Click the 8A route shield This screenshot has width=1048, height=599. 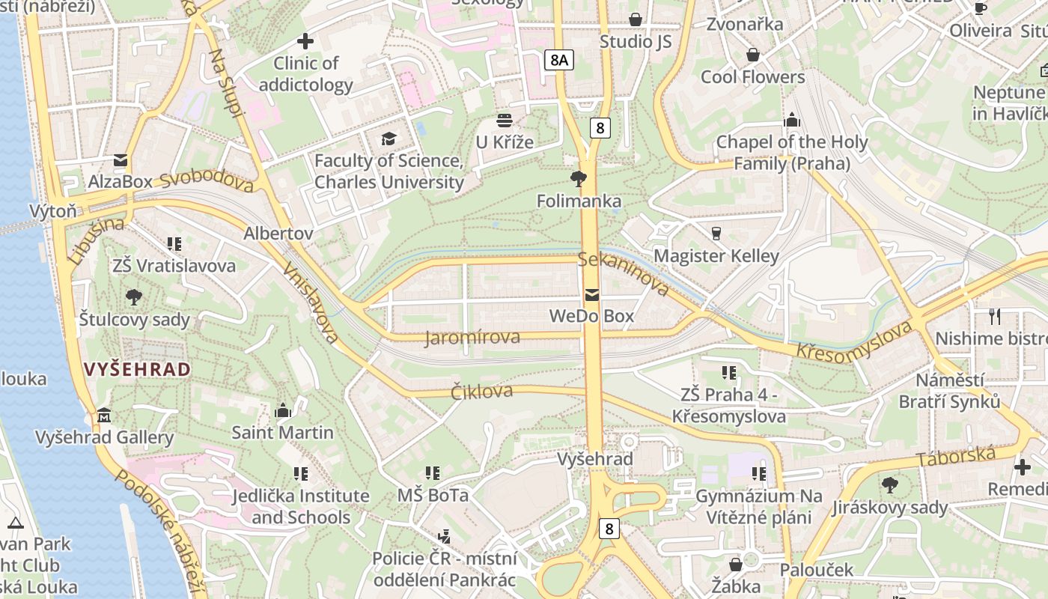coord(558,60)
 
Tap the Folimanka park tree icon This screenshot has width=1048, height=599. coord(578,178)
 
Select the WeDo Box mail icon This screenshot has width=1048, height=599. coord(592,294)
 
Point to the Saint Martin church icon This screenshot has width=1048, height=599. coord(283,410)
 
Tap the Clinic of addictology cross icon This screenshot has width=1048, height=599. coord(305,40)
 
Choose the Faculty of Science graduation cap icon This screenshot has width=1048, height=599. coord(389,139)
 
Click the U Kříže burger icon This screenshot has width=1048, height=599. coord(505,121)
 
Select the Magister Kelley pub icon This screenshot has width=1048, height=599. coord(716,234)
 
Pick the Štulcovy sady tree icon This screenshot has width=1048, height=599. coord(134,297)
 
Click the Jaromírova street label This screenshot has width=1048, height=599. coord(472,338)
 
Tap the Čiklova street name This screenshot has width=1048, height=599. coord(481,391)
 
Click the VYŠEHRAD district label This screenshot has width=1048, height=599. coord(137,369)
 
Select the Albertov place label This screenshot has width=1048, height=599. coord(278,234)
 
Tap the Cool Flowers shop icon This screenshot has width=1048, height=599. coord(752,55)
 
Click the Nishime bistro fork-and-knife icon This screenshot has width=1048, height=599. coord(994,316)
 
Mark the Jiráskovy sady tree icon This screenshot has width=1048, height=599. coord(889,485)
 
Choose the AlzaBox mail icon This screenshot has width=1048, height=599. coord(120,160)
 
